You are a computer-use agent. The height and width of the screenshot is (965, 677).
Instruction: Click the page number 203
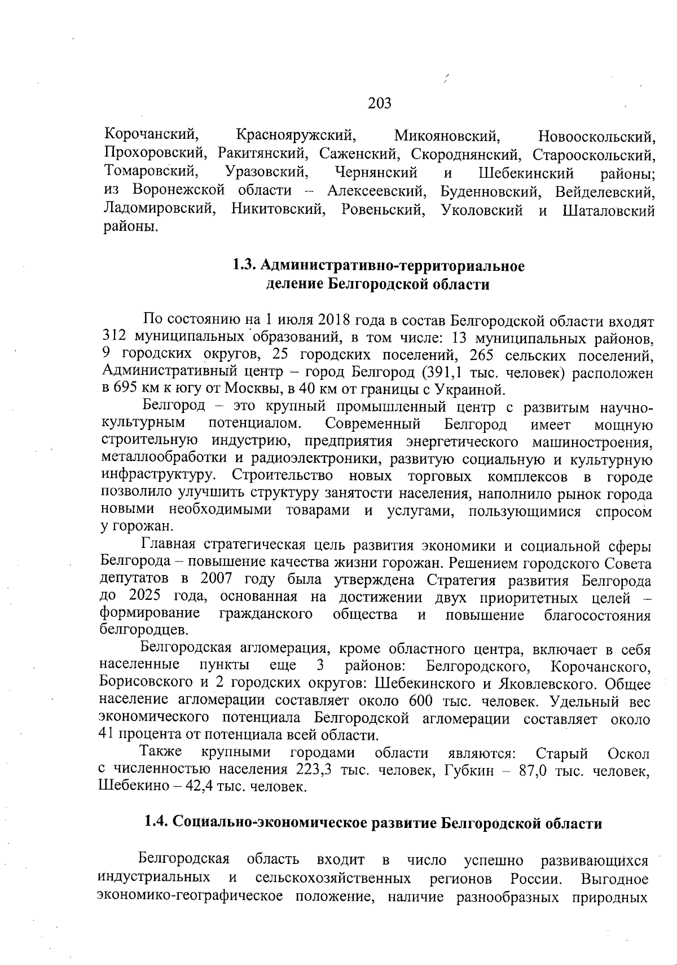[380, 103]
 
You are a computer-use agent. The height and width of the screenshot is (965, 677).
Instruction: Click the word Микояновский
[447, 135]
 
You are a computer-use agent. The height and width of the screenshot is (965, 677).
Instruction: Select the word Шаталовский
[609, 211]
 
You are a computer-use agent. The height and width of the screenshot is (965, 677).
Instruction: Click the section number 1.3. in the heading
[245, 266]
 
